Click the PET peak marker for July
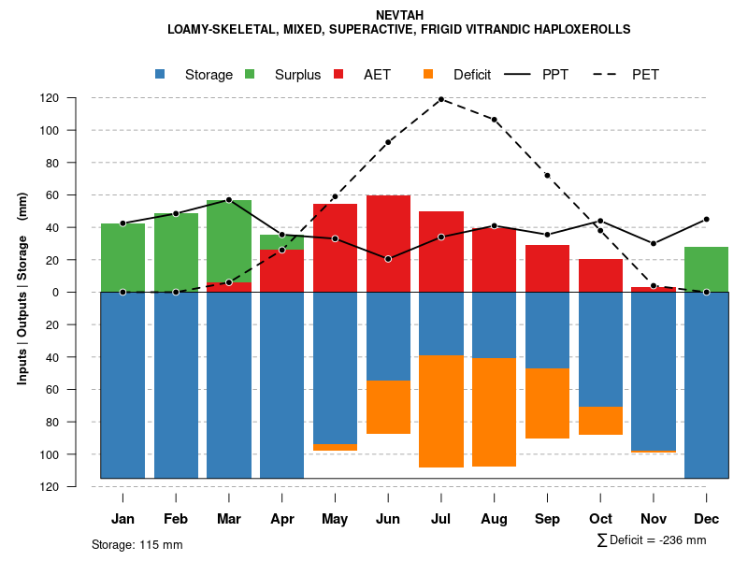coord(441,99)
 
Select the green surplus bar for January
coord(122,257)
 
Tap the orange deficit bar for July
coord(441,411)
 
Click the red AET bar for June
coord(388,243)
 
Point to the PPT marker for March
coord(229,200)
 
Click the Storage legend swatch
coord(161,75)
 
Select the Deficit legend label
coord(472,75)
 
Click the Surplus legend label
coord(297,75)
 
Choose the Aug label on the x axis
coord(494,519)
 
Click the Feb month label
coord(176,519)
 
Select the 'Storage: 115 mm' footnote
coord(137,544)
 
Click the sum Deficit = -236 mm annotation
coord(651,540)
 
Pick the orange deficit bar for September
coord(547,403)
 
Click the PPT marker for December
coord(706,219)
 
